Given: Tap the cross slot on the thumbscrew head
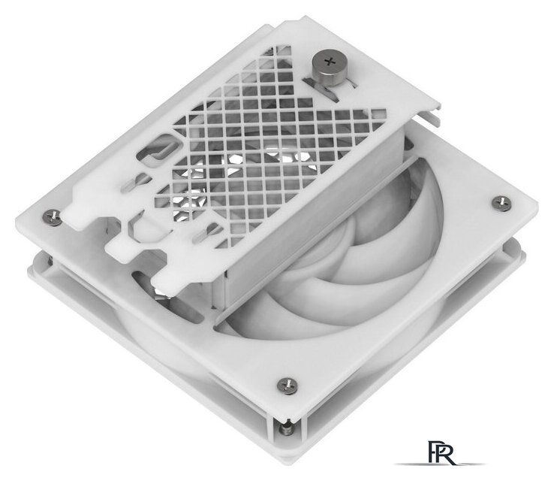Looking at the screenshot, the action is click(330, 62).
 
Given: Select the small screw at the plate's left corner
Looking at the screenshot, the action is click(53, 216).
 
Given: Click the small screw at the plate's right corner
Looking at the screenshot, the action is click(501, 204).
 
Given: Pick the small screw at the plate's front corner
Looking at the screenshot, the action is click(287, 386).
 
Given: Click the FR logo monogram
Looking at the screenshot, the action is click(441, 452).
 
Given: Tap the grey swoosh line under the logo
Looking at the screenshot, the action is click(440, 464).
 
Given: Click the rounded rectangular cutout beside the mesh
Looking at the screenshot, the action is click(157, 149).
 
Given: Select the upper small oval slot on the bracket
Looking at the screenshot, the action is click(134, 182).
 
